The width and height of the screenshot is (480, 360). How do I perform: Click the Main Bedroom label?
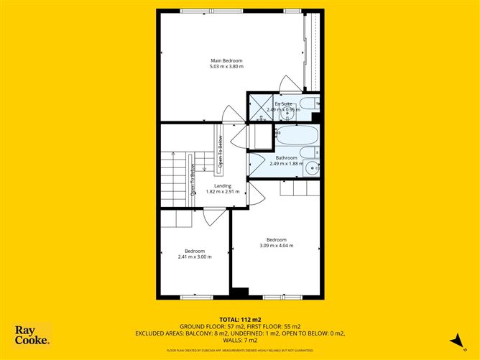pyautogui.click(x=226, y=60)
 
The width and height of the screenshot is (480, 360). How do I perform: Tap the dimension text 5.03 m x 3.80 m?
pyautogui.click(x=226, y=67)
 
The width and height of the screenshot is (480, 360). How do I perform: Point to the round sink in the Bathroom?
pyautogui.click(x=311, y=168)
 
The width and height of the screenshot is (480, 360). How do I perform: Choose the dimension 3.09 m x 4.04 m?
pyautogui.click(x=277, y=246)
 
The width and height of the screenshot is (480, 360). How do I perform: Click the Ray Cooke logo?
pyautogui.click(x=32, y=335)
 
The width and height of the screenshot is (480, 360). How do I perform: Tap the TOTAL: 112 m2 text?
pyautogui.click(x=239, y=319)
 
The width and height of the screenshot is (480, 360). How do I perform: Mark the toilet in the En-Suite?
pyautogui.click(x=309, y=104)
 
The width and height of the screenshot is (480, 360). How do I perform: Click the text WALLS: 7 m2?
pyautogui.click(x=240, y=340)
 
